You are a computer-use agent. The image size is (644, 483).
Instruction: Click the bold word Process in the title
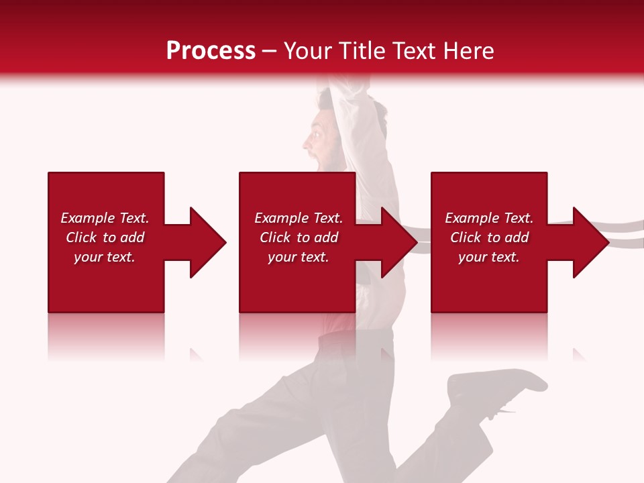[211, 51]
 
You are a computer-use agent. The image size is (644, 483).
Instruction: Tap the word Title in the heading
[362, 51]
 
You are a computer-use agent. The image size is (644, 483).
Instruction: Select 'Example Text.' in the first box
[105, 218]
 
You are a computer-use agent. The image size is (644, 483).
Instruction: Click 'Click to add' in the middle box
[299, 237]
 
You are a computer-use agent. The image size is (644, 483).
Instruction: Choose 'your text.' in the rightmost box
[489, 257]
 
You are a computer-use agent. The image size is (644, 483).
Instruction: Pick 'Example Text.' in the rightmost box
[489, 218]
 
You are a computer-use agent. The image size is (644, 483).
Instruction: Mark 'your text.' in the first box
[105, 257]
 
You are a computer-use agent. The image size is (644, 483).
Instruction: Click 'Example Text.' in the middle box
[299, 218]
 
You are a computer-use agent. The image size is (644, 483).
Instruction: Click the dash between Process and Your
[270, 51]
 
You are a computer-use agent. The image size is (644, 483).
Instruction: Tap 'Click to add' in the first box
[105, 237]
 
